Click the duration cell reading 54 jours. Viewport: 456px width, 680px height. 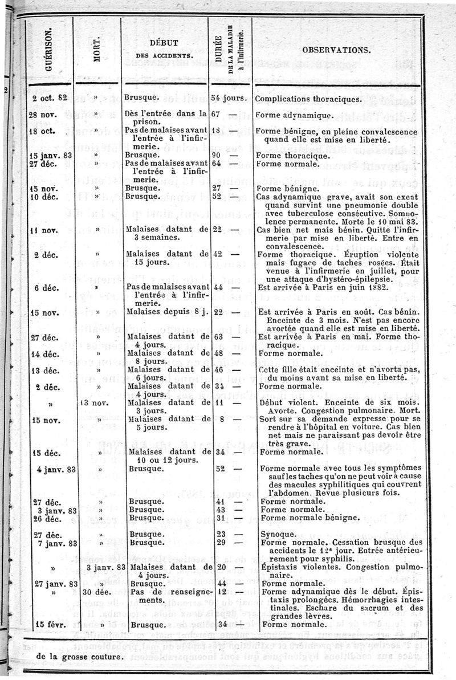tap(227, 98)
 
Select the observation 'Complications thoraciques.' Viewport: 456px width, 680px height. tap(308, 99)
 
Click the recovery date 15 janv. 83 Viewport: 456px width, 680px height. tap(51, 155)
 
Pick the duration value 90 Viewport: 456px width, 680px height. tap(216, 155)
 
